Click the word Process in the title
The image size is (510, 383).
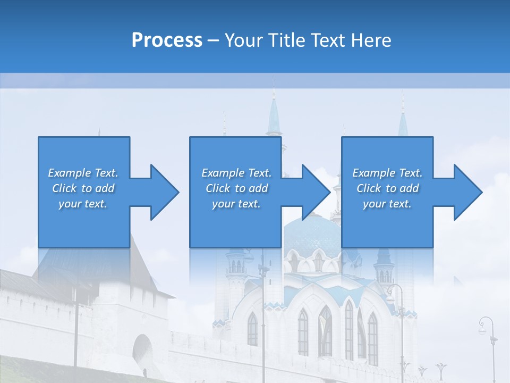[167, 40]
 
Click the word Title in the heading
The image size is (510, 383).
[286, 40]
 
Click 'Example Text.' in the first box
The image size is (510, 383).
[83, 173]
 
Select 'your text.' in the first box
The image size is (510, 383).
[83, 204]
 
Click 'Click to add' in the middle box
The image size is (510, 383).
[236, 188]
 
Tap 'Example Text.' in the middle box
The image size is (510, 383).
[236, 173]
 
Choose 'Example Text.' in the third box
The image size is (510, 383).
[387, 173]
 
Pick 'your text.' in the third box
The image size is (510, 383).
[387, 204]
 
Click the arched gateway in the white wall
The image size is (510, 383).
[142, 351]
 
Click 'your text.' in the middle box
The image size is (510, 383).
[236, 204]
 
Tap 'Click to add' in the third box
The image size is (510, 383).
[387, 188]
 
